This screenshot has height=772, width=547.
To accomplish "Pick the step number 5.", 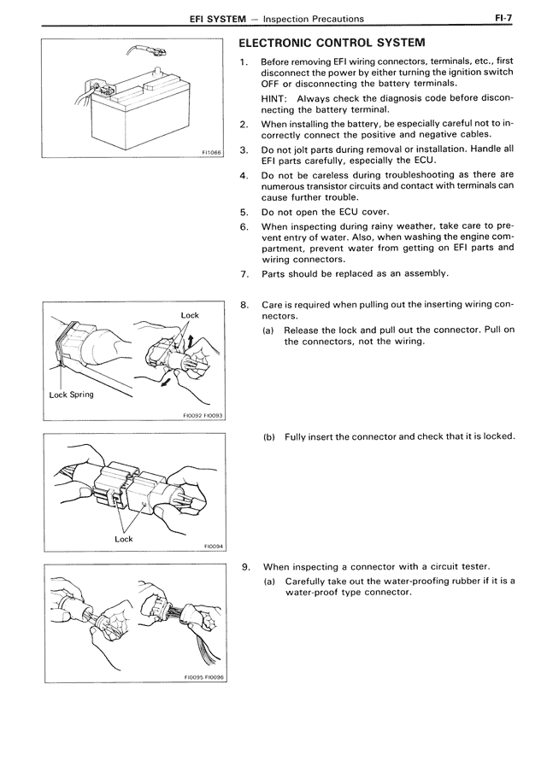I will pos(244,211).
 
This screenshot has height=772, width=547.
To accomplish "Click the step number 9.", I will pos(246,566).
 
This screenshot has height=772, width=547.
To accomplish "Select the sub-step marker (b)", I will pos(269,436).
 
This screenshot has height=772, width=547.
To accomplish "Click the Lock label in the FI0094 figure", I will pos(124,539).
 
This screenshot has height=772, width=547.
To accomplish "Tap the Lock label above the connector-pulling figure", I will pos(190,315).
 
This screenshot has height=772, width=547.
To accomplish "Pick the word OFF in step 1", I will pos(272,83).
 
